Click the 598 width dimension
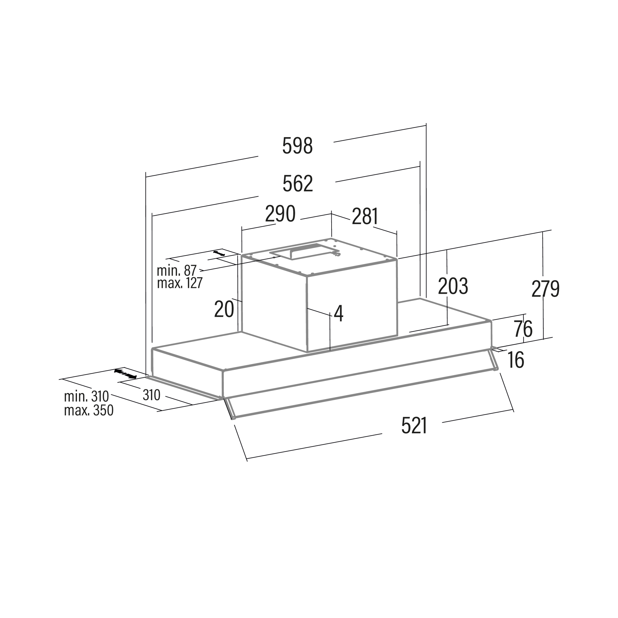(297, 146)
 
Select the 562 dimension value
(298, 184)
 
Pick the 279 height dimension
(545, 289)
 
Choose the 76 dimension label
(523, 329)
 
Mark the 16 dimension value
(516, 360)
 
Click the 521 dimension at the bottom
(414, 426)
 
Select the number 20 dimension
(224, 309)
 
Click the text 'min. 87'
(176, 271)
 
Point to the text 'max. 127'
(180, 283)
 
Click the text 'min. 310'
(87, 397)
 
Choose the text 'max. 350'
(89, 410)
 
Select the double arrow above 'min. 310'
(125, 374)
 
